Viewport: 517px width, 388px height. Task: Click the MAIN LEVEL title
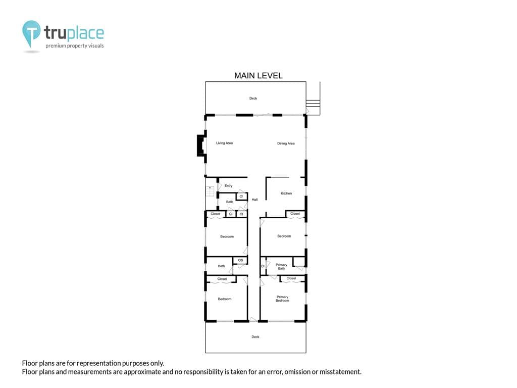click(x=258, y=76)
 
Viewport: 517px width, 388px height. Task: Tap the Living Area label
click(x=224, y=143)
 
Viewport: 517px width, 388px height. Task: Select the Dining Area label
click(x=286, y=143)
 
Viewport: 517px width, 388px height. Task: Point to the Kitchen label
click(x=286, y=193)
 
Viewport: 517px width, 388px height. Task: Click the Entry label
click(x=229, y=186)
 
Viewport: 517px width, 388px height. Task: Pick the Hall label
click(x=254, y=200)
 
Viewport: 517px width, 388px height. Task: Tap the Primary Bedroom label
click(x=282, y=299)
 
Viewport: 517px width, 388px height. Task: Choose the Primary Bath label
click(x=281, y=267)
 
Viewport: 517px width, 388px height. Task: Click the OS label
click(x=240, y=260)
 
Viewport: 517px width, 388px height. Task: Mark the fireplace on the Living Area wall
click(x=201, y=145)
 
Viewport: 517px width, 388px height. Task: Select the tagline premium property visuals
click(x=75, y=46)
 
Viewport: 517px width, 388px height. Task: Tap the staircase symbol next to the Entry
click(x=210, y=191)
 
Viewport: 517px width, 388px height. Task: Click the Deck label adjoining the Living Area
click(x=253, y=99)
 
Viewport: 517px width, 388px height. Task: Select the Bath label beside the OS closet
click(x=221, y=266)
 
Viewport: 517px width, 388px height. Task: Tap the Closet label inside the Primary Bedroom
click(x=291, y=278)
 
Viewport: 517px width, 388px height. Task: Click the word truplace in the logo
click(x=74, y=33)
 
